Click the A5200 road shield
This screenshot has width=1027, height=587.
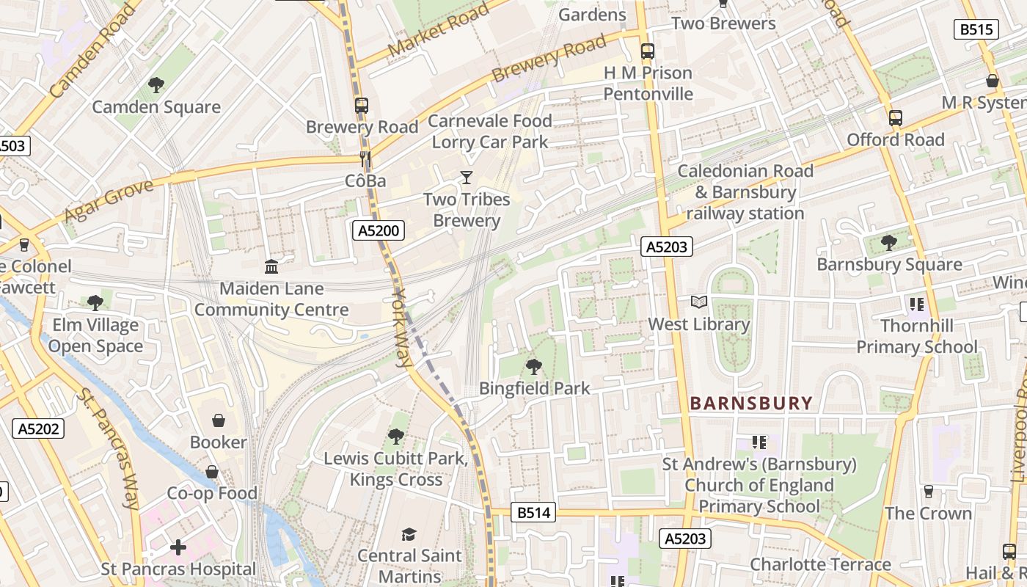(379, 231)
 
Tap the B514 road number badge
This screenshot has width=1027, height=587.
(533, 513)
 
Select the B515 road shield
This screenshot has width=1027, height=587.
(976, 29)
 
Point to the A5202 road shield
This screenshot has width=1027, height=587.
(38, 429)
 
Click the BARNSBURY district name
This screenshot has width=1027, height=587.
(752, 403)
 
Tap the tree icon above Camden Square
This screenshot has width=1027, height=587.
(156, 85)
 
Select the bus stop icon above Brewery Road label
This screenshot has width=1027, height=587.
(362, 105)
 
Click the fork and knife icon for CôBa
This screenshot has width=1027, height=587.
(365, 159)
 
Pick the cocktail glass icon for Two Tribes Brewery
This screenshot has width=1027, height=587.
(466, 178)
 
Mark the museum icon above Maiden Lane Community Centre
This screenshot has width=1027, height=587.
(271, 266)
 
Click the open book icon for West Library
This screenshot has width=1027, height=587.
(699, 302)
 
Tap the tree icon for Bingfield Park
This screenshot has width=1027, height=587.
(534, 366)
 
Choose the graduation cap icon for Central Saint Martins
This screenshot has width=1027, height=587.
(409, 534)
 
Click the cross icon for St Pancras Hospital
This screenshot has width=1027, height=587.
(178, 547)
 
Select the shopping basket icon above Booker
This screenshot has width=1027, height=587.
(218, 420)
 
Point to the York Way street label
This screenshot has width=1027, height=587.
(403, 327)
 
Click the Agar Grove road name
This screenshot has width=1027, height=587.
(109, 200)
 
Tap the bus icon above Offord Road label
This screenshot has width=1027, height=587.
(895, 117)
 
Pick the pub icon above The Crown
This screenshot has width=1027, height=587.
(929, 491)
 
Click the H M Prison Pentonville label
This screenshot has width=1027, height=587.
(648, 84)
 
